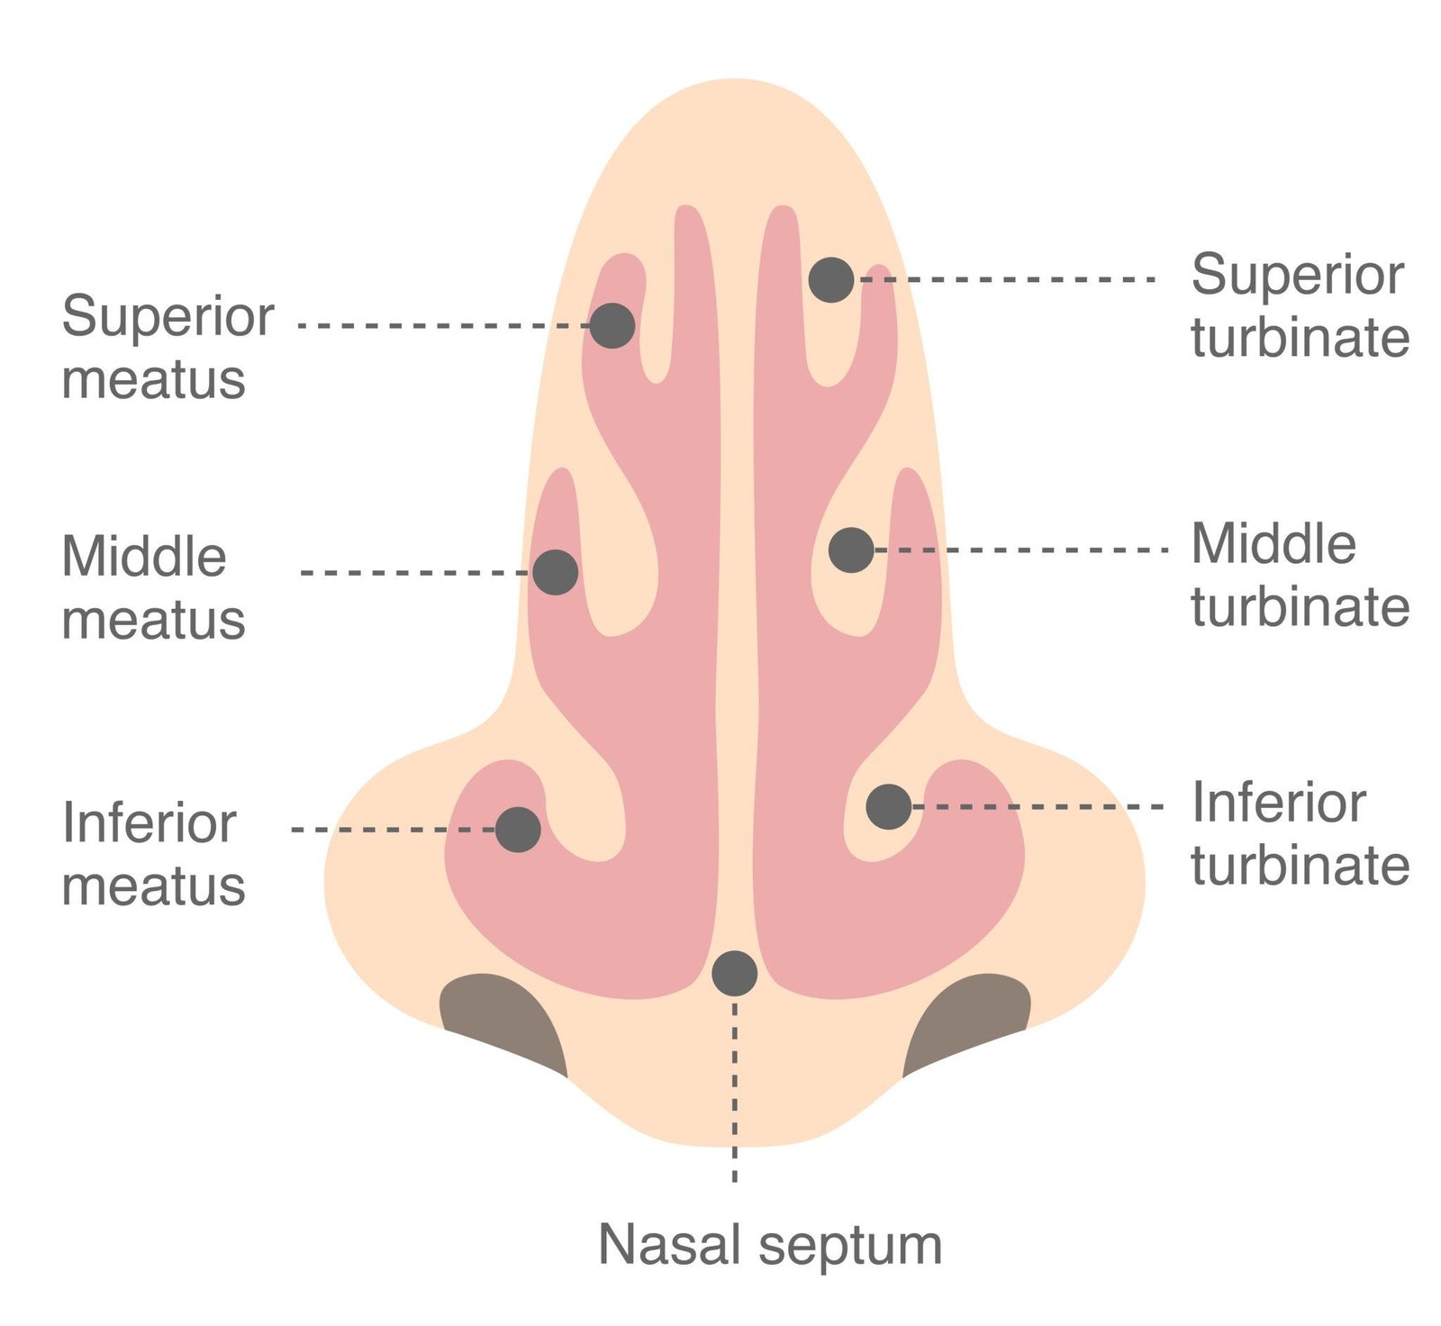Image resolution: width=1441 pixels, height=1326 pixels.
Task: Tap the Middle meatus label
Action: (x=153, y=587)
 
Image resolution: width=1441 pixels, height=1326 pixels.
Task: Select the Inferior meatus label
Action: (x=153, y=854)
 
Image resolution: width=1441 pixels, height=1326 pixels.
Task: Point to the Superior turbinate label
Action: (x=1300, y=305)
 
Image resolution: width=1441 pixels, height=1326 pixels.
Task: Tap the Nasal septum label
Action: (x=770, y=1245)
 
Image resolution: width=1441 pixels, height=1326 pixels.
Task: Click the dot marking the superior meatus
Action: (x=612, y=325)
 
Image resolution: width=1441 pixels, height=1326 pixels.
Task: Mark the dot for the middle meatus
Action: (x=555, y=572)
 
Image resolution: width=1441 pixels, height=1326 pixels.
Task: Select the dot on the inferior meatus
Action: (x=518, y=829)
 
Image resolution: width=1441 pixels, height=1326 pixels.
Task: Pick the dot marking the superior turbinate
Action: (x=831, y=279)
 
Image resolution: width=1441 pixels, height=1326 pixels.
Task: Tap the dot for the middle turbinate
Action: (x=851, y=549)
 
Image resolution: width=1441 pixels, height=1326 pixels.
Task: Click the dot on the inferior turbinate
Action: (x=889, y=806)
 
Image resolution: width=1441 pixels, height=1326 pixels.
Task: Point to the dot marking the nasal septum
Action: (x=735, y=973)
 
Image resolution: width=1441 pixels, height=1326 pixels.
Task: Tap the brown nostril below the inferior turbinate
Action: (x=968, y=1018)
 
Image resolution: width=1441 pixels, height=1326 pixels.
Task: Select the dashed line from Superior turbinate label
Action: (x=1009, y=279)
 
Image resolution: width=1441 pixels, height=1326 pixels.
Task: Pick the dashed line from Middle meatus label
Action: (x=414, y=572)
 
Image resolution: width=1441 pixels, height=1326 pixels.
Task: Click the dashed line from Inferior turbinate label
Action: (x=1036, y=806)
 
